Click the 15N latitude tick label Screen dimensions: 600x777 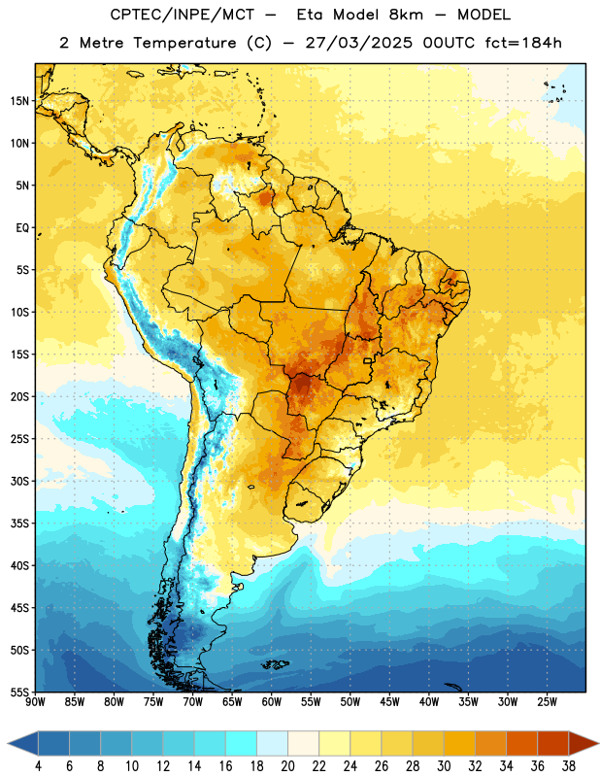[19, 101]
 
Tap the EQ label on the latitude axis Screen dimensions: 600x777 [22, 228]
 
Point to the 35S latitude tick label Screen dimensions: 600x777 [19, 524]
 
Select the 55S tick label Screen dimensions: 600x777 [19, 692]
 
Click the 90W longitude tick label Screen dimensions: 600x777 [35, 702]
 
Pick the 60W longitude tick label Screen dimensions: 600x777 [272, 702]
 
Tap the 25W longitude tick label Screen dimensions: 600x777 [547, 702]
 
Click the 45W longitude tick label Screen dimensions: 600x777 [389, 702]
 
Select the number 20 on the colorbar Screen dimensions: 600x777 [287, 766]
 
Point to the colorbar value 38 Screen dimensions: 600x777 [569, 766]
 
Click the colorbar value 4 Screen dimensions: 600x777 [38, 766]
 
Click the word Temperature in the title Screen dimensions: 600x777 [184, 43]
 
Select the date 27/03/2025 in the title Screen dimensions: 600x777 [358, 43]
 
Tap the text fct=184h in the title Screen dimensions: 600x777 [523, 43]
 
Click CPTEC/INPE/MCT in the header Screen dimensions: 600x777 [182, 15]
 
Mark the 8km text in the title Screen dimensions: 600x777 [406, 15]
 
